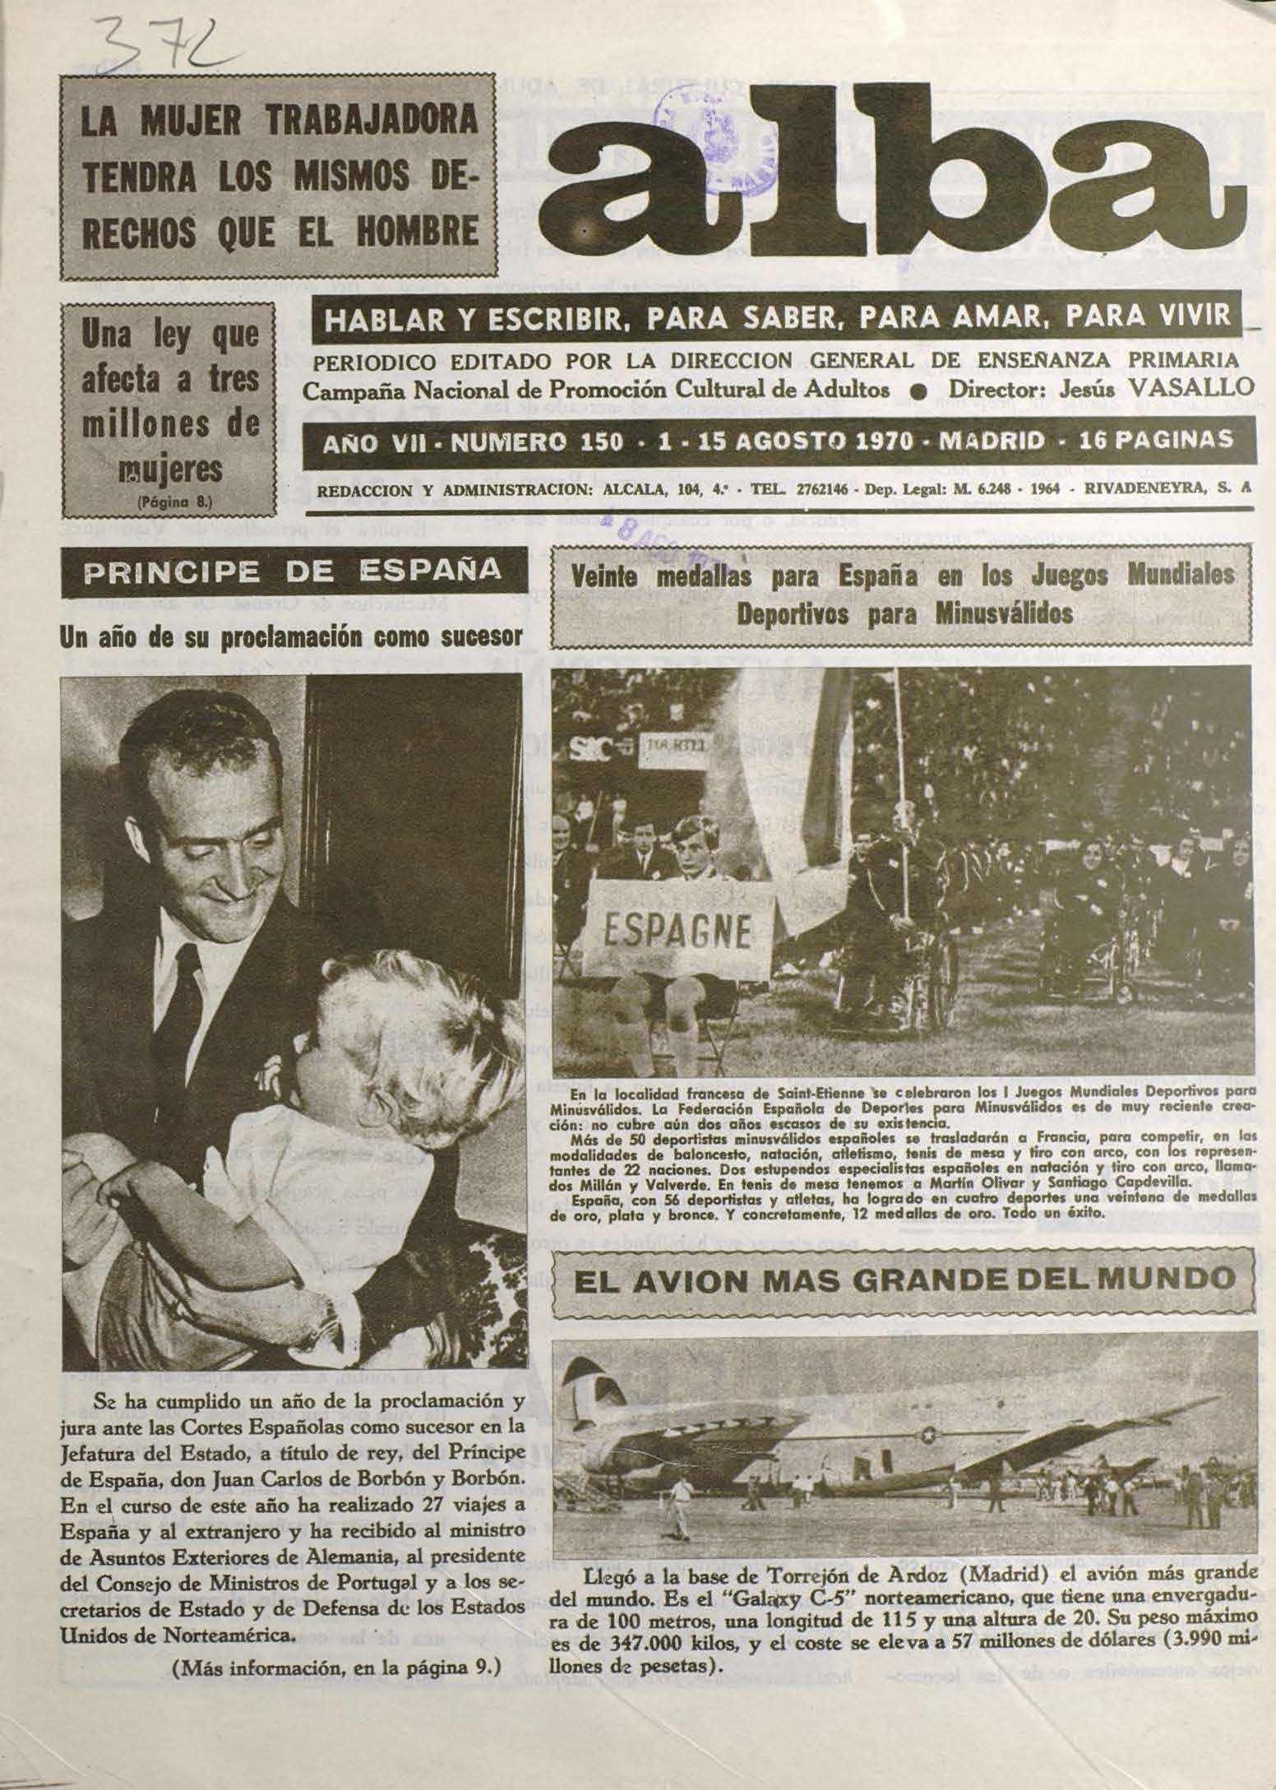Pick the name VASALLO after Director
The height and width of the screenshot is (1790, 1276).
click(x=1185, y=387)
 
